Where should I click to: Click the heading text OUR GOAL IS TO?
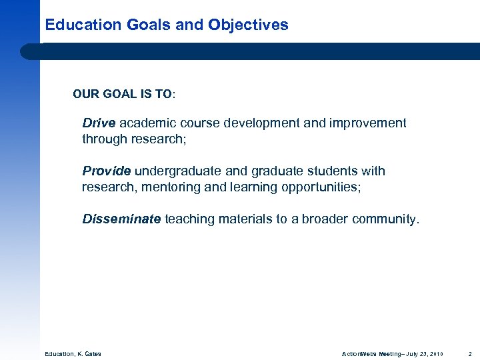[x=123, y=95]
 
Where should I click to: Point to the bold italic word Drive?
[x=99, y=123]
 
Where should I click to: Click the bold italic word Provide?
[x=106, y=171]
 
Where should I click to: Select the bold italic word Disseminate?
[x=121, y=219]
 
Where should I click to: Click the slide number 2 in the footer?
[x=470, y=353]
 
